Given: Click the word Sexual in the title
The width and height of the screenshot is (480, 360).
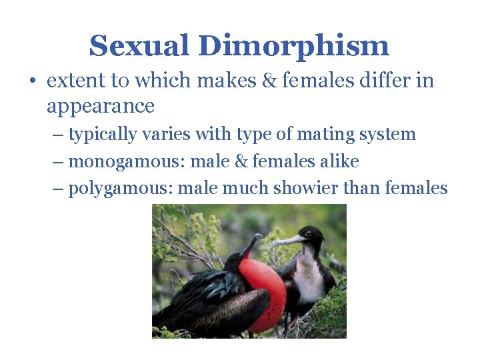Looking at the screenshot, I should (x=139, y=46).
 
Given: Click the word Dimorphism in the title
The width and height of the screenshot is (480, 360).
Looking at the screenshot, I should (x=294, y=46).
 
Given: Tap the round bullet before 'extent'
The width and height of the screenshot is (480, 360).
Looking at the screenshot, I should (x=32, y=82).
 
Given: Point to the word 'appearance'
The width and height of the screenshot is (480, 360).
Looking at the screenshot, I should (x=101, y=107).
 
